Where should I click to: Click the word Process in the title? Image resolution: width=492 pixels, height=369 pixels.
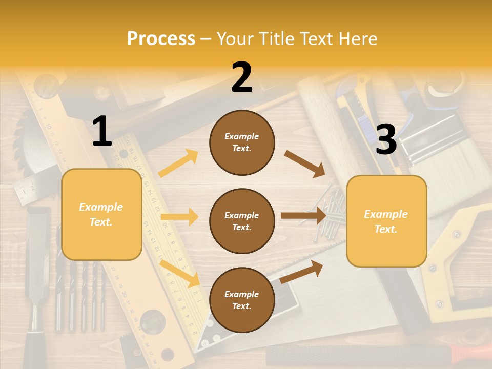pos(161,39)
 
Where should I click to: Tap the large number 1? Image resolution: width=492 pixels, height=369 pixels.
pos(102,132)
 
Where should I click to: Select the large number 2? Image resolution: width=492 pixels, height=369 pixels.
pos(242,78)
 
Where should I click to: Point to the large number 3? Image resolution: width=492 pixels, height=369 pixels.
pos(386,140)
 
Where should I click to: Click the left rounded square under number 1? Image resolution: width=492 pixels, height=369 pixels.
pos(101,214)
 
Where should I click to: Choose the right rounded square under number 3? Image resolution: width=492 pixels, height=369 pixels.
pos(386,221)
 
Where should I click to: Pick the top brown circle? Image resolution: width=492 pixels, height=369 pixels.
pos(242,142)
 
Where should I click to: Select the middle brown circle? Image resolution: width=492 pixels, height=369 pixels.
pos(242,221)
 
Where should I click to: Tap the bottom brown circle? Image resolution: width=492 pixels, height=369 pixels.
pos(242,300)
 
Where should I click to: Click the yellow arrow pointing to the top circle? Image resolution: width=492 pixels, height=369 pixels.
pos(178,163)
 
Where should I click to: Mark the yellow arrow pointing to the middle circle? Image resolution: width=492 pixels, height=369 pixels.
pos(179,217)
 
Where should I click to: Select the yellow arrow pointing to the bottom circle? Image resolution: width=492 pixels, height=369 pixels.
pos(180,273)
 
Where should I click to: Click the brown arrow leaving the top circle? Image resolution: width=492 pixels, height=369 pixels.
pos(305,163)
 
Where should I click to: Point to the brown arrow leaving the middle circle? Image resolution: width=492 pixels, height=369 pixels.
pos(303,215)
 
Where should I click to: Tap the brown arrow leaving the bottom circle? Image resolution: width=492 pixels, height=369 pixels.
pos(302,271)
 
